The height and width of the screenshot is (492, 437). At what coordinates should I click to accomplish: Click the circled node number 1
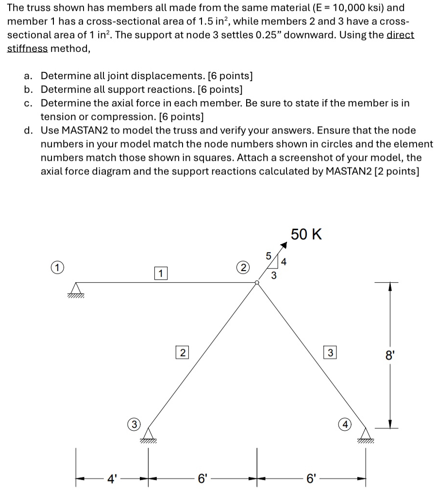57,267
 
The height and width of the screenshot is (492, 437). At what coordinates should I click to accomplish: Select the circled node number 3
134,424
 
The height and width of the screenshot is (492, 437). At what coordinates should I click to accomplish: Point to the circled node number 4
344,424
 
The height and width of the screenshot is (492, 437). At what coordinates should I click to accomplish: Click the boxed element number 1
160,273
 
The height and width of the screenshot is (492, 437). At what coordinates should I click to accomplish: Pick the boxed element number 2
182,353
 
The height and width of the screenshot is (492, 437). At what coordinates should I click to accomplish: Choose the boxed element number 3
330,353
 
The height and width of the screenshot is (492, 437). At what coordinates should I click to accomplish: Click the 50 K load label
306,235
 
